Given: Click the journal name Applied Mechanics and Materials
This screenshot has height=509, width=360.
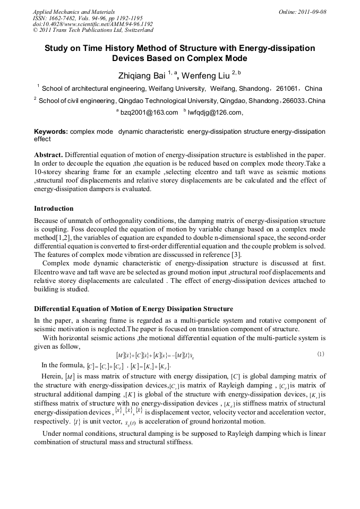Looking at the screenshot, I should pyautogui.click(x=73, y=11).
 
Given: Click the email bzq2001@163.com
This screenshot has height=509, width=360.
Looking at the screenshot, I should pyautogui.click(x=149, y=113).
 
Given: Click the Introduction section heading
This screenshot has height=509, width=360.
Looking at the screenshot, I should pyautogui.click(x=54, y=208).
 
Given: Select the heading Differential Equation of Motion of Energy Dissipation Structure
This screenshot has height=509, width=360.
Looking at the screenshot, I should pyautogui.click(x=133, y=309).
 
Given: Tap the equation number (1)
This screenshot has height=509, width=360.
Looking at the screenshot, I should pyautogui.click(x=320, y=354).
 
